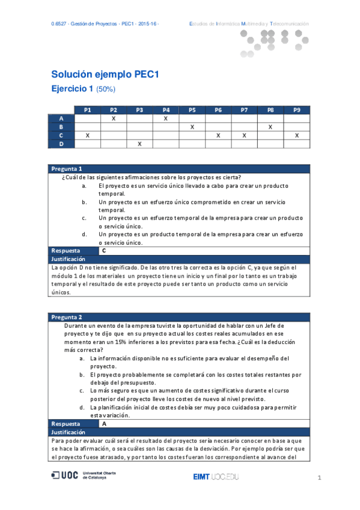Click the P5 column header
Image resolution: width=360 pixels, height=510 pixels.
(x=192, y=110)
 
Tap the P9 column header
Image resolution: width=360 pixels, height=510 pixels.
(x=296, y=110)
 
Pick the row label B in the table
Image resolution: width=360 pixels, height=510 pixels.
(x=61, y=127)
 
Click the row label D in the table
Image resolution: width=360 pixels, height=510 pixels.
(x=61, y=144)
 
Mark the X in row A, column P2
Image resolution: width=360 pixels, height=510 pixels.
(x=114, y=118)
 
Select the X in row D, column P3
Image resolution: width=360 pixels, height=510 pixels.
(x=139, y=144)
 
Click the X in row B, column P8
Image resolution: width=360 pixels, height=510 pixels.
(x=270, y=127)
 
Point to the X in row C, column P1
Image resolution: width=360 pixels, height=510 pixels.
(x=88, y=135)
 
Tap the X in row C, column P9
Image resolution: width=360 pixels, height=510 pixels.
(x=296, y=135)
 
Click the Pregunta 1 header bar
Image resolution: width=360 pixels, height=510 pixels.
(x=178, y=168)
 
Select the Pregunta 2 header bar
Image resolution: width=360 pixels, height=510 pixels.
(x=178, y=317)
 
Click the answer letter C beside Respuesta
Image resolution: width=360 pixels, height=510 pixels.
(x=105, y=250)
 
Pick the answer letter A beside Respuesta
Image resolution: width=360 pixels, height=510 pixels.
(x=105, y=423)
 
